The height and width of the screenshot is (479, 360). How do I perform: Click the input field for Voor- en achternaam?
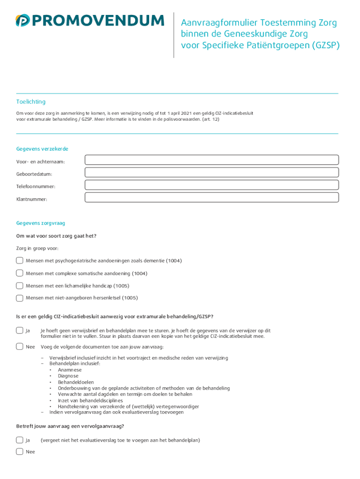coord(211,160)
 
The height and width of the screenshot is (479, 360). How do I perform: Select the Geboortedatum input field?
coord(211,173)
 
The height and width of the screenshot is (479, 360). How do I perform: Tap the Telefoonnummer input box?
coord(211,185)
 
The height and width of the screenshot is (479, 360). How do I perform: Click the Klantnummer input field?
coord(211,197)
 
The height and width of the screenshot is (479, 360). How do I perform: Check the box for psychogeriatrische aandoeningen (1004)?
coord(20,261)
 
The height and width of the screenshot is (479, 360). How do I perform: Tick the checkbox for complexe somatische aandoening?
coord(20,273)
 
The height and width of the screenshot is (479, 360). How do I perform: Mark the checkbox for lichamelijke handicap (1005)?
coord(20,285)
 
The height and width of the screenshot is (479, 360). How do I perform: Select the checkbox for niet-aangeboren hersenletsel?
coord(20,298)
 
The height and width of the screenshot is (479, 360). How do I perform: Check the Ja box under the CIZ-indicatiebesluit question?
coord(20,331)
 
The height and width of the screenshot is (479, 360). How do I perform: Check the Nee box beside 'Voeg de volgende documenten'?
coord(20,347)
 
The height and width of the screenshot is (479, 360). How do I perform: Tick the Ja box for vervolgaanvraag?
coord(20,440)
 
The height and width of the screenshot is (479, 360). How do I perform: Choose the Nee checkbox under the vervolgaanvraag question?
coord(20,452)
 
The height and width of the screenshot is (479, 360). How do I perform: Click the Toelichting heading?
coord(31,102)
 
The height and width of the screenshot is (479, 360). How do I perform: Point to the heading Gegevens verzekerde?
coord(42,149)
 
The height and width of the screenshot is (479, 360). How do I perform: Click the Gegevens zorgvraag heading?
coord(41,224)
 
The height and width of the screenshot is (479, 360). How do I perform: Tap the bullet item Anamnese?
coord(69,370)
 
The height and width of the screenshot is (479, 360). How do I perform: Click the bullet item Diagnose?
coord(68,376)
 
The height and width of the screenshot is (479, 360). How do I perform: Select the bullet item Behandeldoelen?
coord(76,382)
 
